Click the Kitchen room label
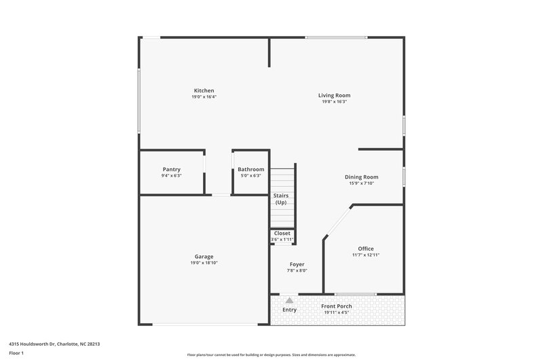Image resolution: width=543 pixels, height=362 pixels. (x=204, y=90)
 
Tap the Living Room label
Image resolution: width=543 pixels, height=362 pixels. (x=334, y=95)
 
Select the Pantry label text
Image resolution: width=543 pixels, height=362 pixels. (x=172, y=169)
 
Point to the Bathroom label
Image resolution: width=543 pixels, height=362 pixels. (x=250, y=169)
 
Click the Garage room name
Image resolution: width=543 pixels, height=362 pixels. (x=204, y=256)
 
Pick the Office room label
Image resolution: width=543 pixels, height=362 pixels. (x=366, y=249)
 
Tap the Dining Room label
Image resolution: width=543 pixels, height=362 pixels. (x=361, y=177)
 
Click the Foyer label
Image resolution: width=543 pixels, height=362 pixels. (x=297, y=264)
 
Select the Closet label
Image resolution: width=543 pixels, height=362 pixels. (x=282, y=233)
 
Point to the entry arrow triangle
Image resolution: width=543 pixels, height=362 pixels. (x=290, y=300)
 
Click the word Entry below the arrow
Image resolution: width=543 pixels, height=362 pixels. (x=290, y=310)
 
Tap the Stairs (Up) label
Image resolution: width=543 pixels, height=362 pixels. (x=280, y=199)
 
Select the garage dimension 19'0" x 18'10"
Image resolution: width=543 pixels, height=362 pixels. (x=204, y=263)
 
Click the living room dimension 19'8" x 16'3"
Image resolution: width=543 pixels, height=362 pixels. (x=334, y=102)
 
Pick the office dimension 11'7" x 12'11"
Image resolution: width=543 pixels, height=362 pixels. (x=366, y=255)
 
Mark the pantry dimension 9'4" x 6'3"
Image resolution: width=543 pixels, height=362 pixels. (x=172, y=176)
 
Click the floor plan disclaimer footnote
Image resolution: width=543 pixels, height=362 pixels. (x=271, y=355)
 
